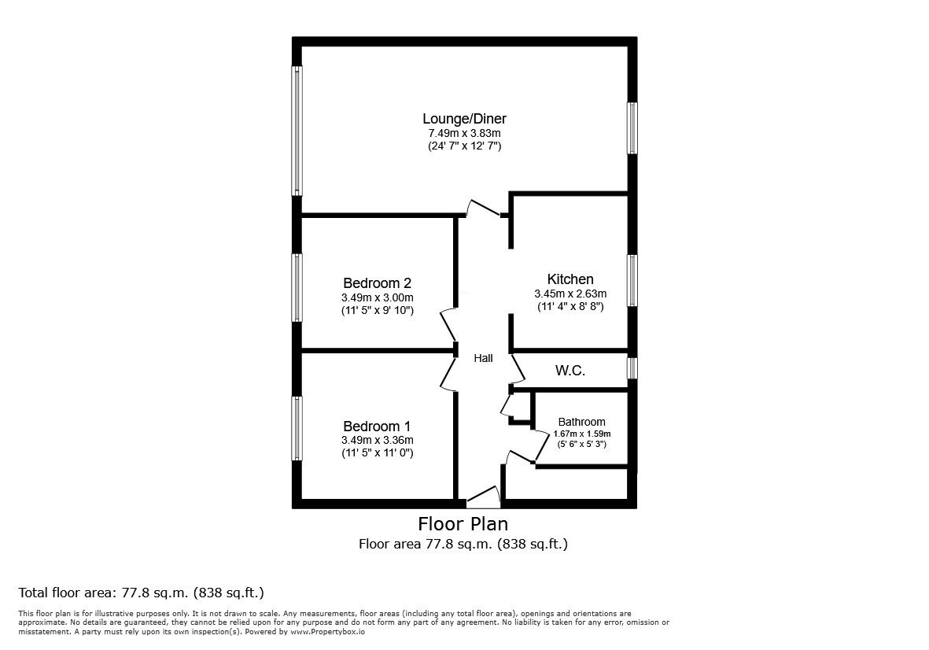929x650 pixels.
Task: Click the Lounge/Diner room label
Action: [463, 119]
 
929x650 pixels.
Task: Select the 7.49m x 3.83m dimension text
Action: [463, 133]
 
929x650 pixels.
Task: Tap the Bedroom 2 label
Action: [378, 283]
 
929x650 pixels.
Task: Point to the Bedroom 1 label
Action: [378, 426]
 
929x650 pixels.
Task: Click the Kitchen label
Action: [570, 279]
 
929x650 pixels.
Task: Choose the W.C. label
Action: [570, 371]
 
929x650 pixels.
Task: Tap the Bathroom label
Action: [581, 422]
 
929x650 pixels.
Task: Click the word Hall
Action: [483, 358]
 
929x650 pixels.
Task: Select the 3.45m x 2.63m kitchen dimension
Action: [570, 294]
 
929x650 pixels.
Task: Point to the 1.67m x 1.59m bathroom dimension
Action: [581, 434]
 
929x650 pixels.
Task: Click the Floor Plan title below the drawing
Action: [463, 523]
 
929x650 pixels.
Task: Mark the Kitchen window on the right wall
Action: [632, 280]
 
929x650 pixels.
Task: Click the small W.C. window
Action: [632, 367]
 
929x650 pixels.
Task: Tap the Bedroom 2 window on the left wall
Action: [297, 287]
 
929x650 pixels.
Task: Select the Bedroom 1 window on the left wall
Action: [297, 428]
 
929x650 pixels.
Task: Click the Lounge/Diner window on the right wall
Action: [632, 127]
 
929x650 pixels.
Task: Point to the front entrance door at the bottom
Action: [483, 497]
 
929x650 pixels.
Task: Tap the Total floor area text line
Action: [141, 593]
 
